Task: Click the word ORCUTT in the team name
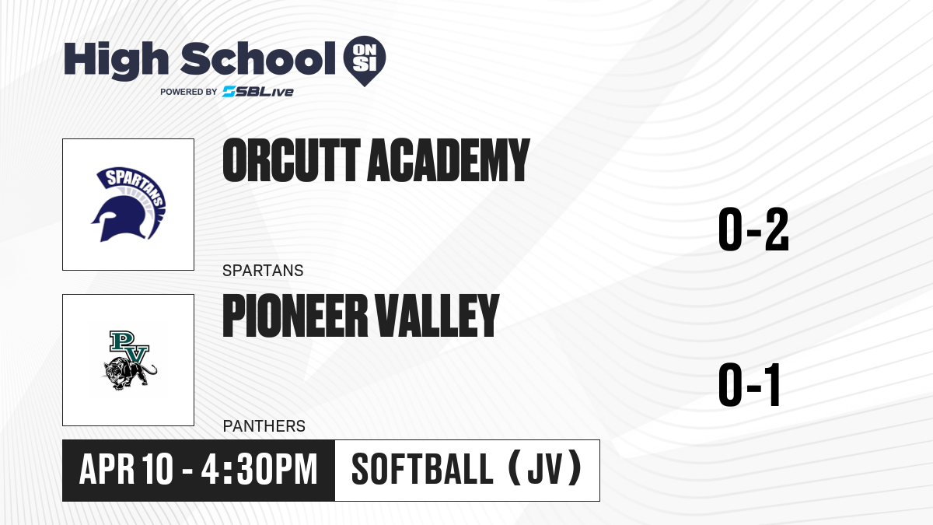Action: click(x=292, y=160)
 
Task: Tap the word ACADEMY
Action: click(x=449, y=160)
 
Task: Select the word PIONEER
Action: click(x=295, y=315)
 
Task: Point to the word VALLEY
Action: click(x=437, y=315)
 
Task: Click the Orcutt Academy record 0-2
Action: click(x=753, y=229)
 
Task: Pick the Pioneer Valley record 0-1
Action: click(x=750, y=384)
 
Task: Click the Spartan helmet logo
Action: click(x=128, y=204)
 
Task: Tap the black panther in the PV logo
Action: click(x=130, y=373)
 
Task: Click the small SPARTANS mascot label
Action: click(x=263, y=271)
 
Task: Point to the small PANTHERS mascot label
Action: click(x=264, y=426)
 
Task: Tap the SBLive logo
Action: click(x=257, y=92)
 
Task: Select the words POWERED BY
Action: click(x=189, y=92)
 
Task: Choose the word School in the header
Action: click(x=258, y=59)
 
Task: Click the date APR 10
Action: click(x=126, y=469)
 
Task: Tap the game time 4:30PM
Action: click(x=260, y=469)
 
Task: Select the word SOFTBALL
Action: click(x=422, y=469)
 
